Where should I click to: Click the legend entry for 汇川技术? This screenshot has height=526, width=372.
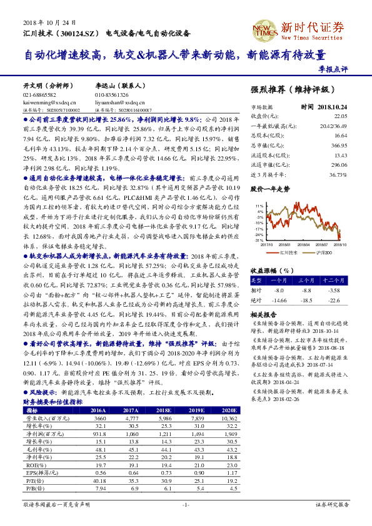pos(287,253)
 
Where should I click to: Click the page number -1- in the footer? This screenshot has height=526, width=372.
pos(186,520)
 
